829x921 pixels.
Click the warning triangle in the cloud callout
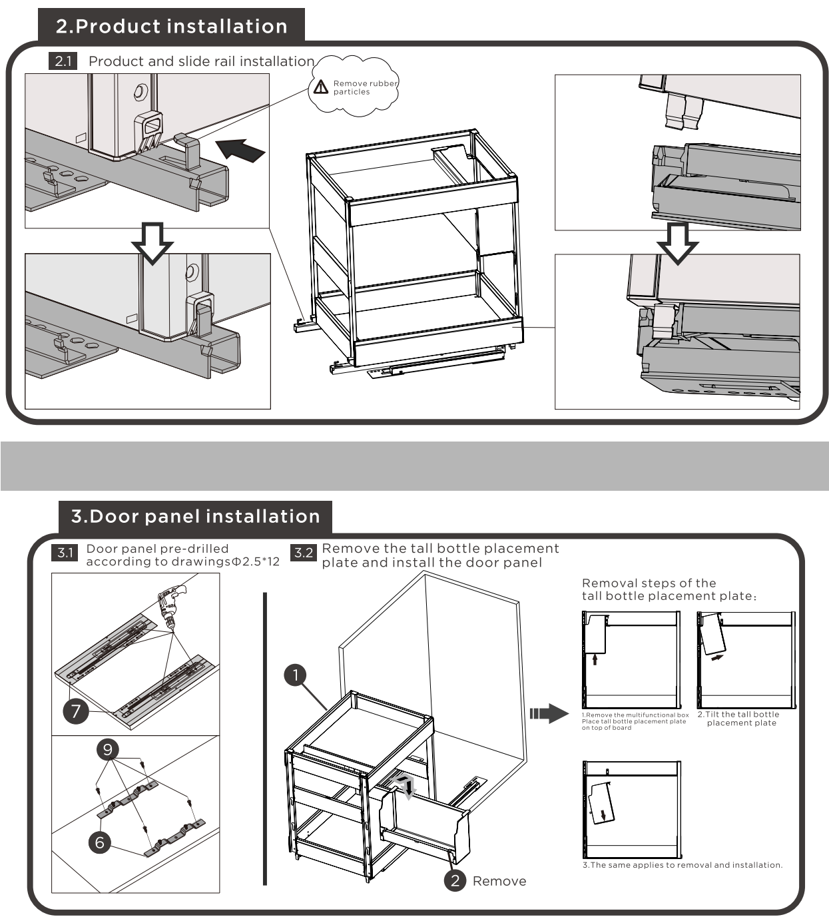pyautogui.click(x=321, y=87)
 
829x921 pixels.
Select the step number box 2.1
pyautogui.click(x=63, y=61)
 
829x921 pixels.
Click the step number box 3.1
pyautogui.click(x=65, y=553)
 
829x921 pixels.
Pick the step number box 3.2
pyautogui.click(x=303, y=553)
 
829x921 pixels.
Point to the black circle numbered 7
pyautogui.click(x=76, y=711)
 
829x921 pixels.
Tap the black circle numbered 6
pyautogui.click(x=100, y=842)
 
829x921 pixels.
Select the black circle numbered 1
pyautogui.click(x=295, y=675)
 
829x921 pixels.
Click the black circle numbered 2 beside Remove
pyautogui.click(x=455, y=881)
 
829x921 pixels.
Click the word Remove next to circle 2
pyautogui.click(x=499, y=882)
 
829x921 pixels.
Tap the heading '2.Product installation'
pyautogui.click(x=172, y=27)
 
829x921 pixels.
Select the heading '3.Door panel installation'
pyautogui.click(x=196, y=517)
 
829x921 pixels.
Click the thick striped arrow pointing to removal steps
pyautogui.click(x=549, y=715)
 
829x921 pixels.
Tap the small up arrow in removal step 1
pyautogui.click(x=595, y=659)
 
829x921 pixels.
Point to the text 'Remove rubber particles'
pyautogui.click(x=365, y=88)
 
